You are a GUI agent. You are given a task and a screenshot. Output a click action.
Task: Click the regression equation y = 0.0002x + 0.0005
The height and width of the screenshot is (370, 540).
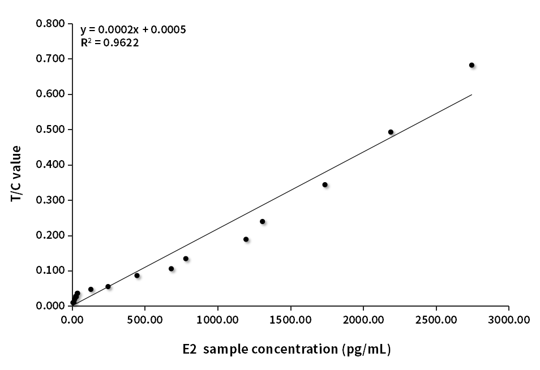point(133,29)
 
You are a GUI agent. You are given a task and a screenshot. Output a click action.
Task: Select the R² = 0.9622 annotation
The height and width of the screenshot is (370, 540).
point(110,42)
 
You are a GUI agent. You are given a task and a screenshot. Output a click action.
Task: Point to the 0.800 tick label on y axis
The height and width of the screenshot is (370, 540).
point(50,24)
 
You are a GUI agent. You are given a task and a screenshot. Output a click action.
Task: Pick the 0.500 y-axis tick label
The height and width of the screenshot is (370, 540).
point(50,130)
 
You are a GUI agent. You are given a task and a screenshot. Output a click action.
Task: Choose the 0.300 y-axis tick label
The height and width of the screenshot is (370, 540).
point(50,200)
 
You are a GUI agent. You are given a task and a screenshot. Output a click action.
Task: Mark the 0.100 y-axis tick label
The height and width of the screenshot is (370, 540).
point(50,270)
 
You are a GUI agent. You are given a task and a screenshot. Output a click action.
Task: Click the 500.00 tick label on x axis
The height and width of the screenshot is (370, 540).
point(145,320)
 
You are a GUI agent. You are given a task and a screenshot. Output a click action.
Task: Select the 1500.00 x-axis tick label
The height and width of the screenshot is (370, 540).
point(290,320)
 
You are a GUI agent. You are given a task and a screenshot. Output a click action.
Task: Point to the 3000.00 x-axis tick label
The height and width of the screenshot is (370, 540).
point(509,320)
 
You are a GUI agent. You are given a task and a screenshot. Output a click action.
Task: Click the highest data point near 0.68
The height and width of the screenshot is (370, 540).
point(472,65)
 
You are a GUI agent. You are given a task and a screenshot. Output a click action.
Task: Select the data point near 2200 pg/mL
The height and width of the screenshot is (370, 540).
point(391,132)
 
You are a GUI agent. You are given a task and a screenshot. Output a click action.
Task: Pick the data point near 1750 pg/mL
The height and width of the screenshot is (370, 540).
point(325,184)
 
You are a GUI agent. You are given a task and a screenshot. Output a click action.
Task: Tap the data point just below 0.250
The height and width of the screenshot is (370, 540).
point(262,221)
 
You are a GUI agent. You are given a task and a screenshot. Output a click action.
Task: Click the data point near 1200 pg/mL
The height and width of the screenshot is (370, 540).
point(246,239)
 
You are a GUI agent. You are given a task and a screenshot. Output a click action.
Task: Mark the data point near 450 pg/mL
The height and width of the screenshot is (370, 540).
point(137,276)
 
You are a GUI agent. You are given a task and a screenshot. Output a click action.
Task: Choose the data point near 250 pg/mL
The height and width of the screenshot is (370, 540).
point(108,286)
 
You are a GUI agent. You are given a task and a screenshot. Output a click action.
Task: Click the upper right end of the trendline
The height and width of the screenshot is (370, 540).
point(472,94)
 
